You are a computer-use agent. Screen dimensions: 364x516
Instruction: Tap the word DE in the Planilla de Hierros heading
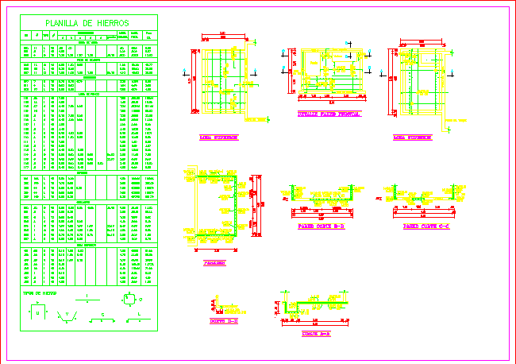(88, 24)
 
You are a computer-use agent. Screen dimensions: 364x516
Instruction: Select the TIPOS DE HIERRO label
(40, 292)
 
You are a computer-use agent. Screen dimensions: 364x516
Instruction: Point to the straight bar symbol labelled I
(87, 300)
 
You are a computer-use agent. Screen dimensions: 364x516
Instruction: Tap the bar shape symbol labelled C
(102, 319)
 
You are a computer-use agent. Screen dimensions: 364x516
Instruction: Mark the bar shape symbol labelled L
(139, 319)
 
